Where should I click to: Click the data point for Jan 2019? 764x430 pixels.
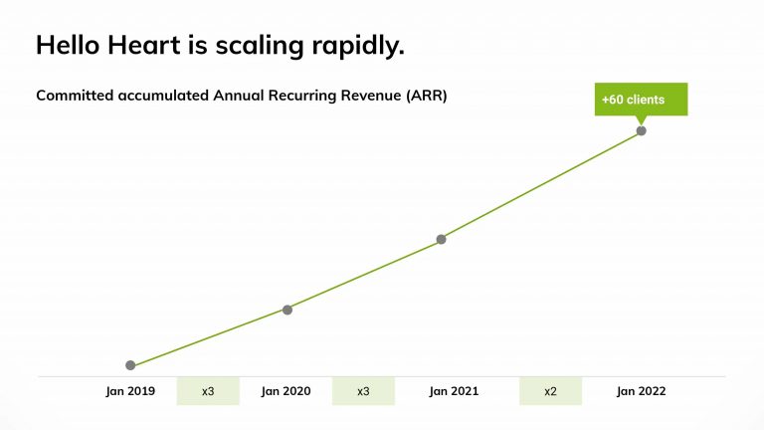[x=130, y=365]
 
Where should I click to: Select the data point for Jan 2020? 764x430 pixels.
[x=287, y=310]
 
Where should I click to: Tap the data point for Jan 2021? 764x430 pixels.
[x=441, y=239]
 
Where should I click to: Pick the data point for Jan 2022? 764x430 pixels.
[x=641, y=130]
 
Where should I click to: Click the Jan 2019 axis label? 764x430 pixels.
[x=130, y=391]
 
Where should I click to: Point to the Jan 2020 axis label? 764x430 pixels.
[x=286, y=391]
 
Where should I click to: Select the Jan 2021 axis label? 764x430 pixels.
[x=454, y=391]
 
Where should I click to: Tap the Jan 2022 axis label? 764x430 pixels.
[x=641, y=391]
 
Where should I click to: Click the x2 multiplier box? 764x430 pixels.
[x=550, y=391]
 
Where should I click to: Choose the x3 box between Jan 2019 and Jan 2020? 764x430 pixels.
[x=208, y=391]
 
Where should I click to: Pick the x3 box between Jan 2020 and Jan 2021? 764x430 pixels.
[x=363, y=391]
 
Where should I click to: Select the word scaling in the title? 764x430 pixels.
[x=257, y=46]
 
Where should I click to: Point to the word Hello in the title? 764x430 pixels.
[x=71, y=46]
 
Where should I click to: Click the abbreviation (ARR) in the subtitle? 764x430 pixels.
[x=425, y=96]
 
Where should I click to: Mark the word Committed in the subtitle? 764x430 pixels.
[x=76, y=96]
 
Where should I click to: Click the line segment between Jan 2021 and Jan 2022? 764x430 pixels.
[x=540, y=185]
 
